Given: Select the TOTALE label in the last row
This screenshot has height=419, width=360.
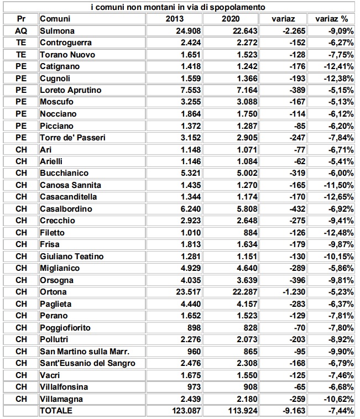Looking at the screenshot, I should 56,411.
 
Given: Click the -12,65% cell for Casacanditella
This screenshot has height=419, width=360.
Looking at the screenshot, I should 337,197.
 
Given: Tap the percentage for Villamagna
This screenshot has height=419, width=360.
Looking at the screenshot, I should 337,399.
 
